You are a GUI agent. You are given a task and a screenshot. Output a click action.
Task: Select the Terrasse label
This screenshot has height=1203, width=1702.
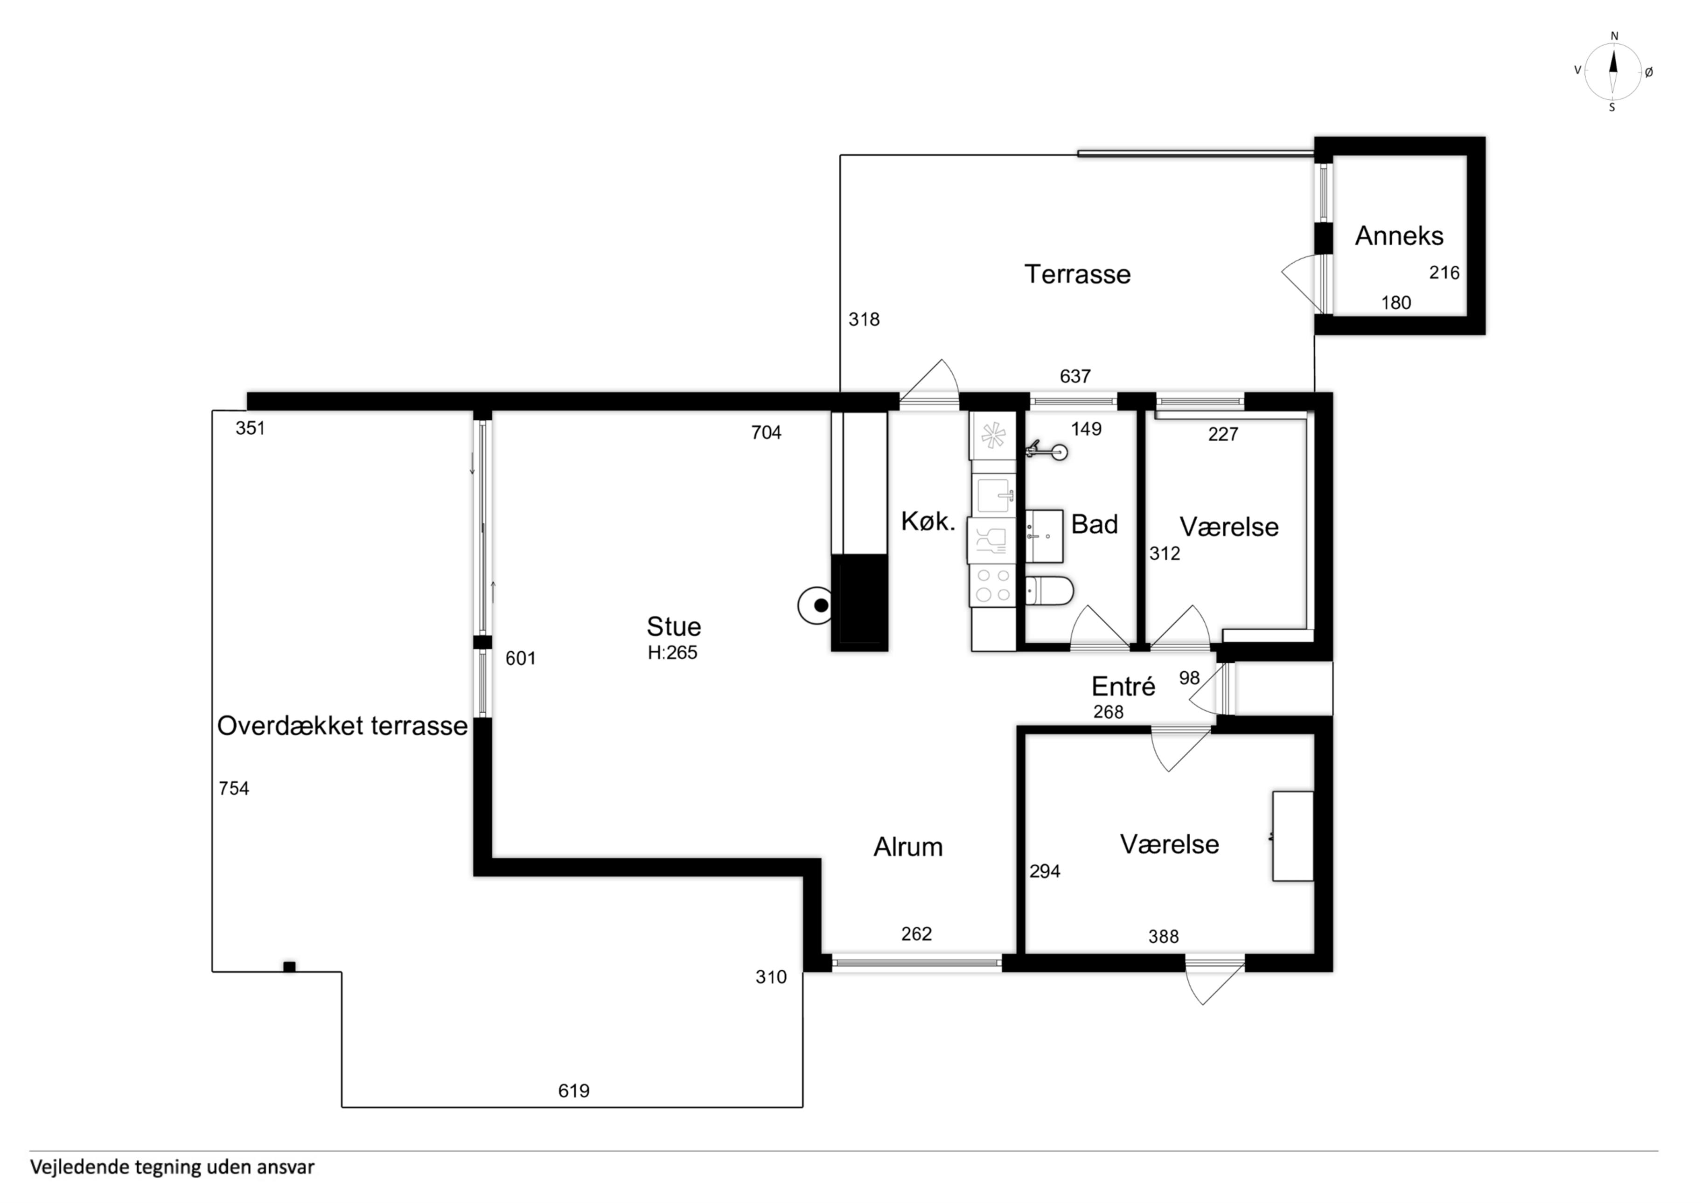(1077, 274)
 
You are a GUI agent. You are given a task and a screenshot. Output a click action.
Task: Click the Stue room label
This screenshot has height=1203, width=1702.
(673, 627)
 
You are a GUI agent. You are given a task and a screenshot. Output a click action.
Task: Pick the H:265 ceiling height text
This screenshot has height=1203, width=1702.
(672, 653)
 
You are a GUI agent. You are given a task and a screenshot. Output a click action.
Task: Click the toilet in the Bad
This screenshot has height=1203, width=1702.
(1050, 591)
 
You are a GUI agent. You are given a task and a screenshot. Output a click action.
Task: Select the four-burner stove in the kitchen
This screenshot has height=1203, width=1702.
(992, 584)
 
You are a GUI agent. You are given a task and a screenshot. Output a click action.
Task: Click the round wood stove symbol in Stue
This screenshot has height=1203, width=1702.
(816, 605)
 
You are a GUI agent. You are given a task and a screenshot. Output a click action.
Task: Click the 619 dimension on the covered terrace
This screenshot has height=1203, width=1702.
(574, 1091)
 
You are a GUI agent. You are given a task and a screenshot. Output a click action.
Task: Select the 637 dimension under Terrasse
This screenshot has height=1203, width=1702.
(1075, 376)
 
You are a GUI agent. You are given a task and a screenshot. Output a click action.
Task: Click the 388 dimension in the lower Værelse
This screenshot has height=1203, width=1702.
(1163, 937)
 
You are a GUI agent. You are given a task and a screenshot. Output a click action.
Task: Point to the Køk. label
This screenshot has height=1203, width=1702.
(928, 522)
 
